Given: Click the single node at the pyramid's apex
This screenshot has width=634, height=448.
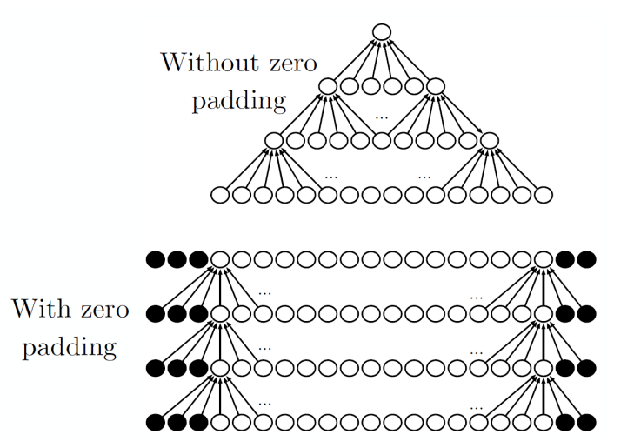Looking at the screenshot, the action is tap(381, 32).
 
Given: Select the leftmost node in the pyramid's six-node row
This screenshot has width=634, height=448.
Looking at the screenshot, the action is tap(328, 86).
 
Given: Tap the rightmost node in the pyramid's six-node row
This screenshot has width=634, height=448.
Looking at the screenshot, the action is tap(436, 86).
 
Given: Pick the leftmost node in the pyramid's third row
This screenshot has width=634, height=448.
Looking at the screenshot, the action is tap(273, 139).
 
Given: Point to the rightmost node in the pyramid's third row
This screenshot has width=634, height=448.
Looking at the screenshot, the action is tap(489, 139).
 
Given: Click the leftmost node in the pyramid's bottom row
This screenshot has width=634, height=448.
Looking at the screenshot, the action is tap(220, 195).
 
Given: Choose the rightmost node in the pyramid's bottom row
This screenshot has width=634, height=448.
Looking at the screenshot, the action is tap(543, 195).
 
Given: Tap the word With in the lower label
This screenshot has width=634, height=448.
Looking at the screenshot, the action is tap(43, 310).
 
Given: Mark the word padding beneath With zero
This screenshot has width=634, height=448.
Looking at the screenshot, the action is tap(70, 348).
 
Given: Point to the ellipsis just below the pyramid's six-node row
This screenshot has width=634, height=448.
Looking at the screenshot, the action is tap(382, 115).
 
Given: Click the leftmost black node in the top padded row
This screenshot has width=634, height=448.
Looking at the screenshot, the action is tap(156, 258).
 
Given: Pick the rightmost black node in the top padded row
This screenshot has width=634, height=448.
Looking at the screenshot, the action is tap(586, 258).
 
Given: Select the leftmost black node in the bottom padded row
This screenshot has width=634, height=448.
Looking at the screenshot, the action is tap(156, 424).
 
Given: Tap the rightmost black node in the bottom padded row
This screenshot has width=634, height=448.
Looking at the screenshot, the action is tap(586, 424).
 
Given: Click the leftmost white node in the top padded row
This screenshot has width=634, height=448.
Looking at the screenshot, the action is tap(220, 258).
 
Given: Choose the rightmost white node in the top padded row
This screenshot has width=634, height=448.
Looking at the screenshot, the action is tap(544, 258).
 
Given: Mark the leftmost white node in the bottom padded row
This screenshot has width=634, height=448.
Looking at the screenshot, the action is tap(220, 424).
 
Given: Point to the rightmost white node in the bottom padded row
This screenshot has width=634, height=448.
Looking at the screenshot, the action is tap(544, 424).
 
